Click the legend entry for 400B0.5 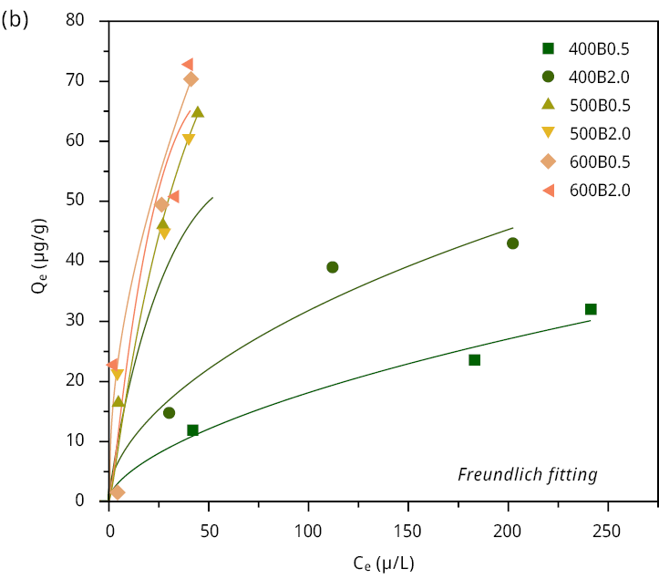(599, 48)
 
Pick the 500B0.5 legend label (599, 105)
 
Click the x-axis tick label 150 (408, 531)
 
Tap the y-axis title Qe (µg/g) (39, 261)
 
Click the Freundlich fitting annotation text (528, 474)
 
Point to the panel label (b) (15, 19)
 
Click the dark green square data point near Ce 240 (591, 309)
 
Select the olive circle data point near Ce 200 (512, 243)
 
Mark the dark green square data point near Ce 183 (474, 360)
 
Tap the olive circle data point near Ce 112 (333, 267)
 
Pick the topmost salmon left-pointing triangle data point (187, 65)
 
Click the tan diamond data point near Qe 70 (190, 79)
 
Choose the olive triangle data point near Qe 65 (198, 112)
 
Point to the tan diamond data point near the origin (118, 492)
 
